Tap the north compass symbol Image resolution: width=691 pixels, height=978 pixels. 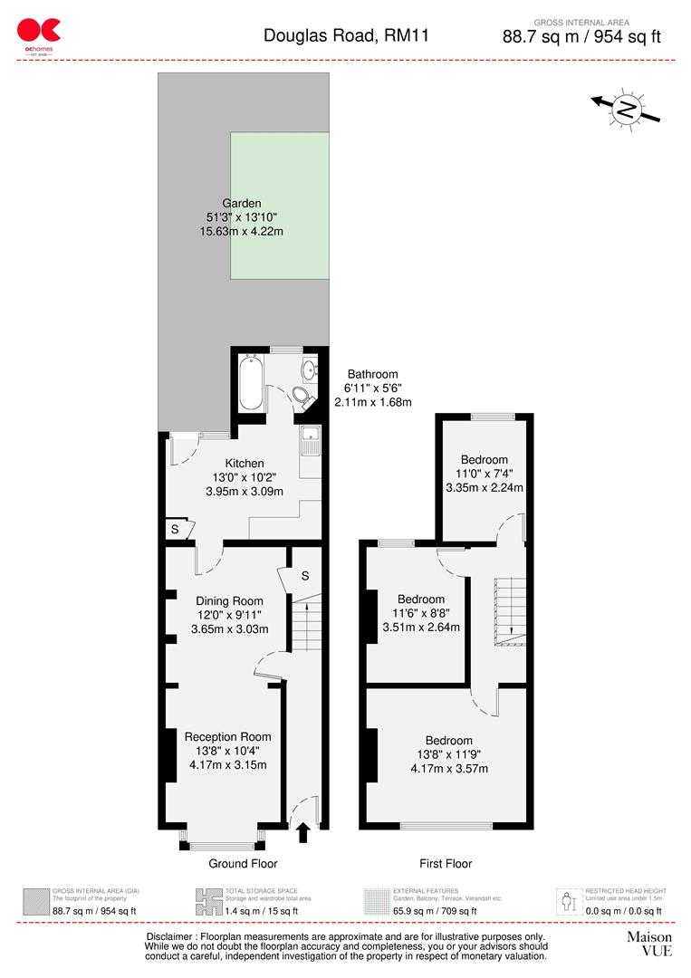point(625,109)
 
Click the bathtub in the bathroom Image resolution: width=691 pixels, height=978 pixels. point(251,382)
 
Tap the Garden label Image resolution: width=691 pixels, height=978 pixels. point(242,204)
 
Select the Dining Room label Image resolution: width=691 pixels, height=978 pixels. point(230,600)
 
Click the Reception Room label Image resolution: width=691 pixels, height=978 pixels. point(228,736)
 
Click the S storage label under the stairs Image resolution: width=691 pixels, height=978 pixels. point(305,576)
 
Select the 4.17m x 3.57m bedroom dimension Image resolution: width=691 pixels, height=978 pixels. point(445,769)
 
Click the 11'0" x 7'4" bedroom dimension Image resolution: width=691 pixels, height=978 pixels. point(485,474)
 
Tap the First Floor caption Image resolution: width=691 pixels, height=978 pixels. point(446,864)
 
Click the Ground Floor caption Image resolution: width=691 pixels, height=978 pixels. point(243,864)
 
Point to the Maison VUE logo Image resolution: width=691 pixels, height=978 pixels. point(649,944)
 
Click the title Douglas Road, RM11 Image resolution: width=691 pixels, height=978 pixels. point(346,36)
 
